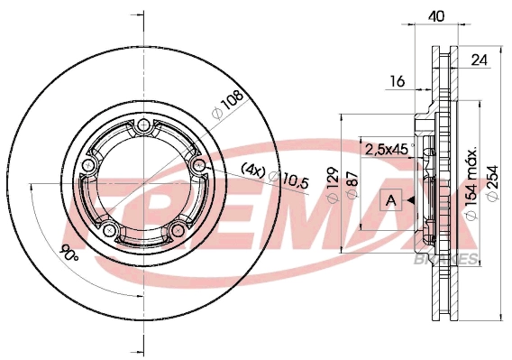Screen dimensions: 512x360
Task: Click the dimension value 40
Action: pyautogui.click(x=437, y=15)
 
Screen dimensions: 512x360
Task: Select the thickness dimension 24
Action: pyautogui.click(x=479, y=60)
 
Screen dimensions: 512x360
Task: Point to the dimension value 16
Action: pyautogui.click(x=398, y=81)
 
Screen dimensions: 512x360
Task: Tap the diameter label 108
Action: pyautogui.click(x=228, y=104)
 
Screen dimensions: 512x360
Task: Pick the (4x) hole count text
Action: pyautogui.click(x=253, y=170)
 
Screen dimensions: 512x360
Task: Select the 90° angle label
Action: pyautogui.click(x=69, y=253)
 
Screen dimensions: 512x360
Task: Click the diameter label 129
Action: pyautogui.click(x=333, y=184)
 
